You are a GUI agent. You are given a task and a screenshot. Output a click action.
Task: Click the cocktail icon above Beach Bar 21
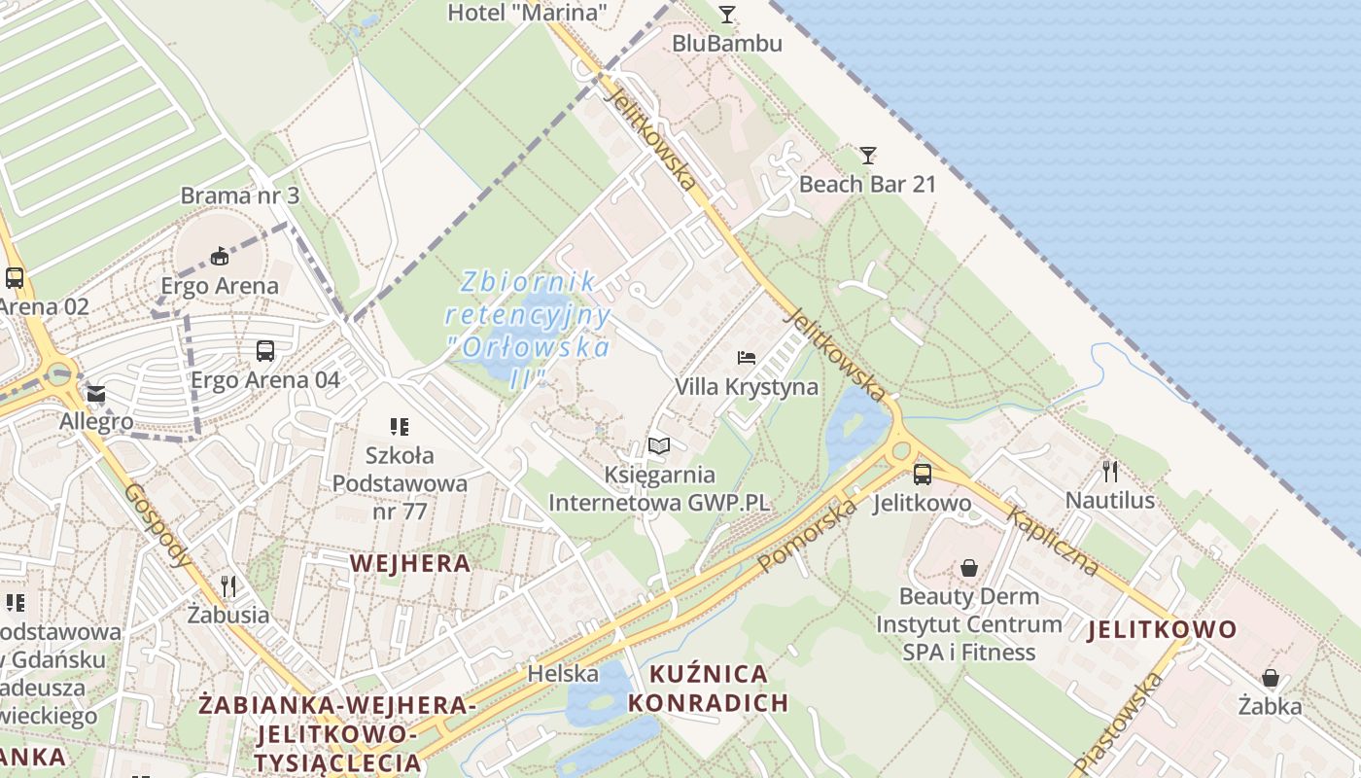pos(867,155)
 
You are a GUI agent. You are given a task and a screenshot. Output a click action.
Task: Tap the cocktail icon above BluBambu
pos(726,14)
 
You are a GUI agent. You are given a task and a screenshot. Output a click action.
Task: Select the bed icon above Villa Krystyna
pos(746,358)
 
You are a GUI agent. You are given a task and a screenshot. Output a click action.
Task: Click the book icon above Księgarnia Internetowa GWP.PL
pos(659,446)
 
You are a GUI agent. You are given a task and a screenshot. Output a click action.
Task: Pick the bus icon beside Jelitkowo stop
pos(922,475)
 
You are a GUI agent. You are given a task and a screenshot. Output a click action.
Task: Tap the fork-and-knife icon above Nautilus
pos(1109,472)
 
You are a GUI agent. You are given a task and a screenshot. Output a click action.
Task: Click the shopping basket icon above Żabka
pos(1270,678)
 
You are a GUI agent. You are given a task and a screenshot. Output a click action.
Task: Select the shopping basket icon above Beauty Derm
pos(968,568)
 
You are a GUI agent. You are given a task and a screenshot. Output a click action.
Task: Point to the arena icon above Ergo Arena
pos(220,257)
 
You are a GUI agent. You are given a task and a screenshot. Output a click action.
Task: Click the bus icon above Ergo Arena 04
pos(264,350)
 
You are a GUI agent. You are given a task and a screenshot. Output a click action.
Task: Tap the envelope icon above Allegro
pos(95,394)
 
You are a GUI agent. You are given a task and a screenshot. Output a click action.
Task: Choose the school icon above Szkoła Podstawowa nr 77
pos(399,426)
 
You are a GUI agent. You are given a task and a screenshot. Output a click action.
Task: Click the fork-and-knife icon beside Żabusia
pos(228,585)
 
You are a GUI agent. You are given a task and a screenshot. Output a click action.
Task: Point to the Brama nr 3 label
pos(240,195)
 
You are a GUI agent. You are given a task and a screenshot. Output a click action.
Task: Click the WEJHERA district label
pos(410,562)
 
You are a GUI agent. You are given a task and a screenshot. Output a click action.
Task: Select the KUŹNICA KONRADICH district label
pos(707,688)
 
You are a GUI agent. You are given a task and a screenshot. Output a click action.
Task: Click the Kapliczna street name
pos(1054,541)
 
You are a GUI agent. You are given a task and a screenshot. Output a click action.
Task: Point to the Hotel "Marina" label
pos(527,13)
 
